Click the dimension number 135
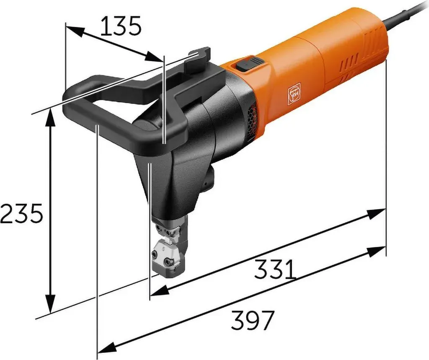click(121, 26)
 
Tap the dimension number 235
click(21, 213)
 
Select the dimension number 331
click(275, 269)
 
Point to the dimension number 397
click(252, 320)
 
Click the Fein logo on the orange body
click(295, 94)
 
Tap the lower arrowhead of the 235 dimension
click(51, 304)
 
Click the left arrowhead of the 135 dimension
click(75, 30)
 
